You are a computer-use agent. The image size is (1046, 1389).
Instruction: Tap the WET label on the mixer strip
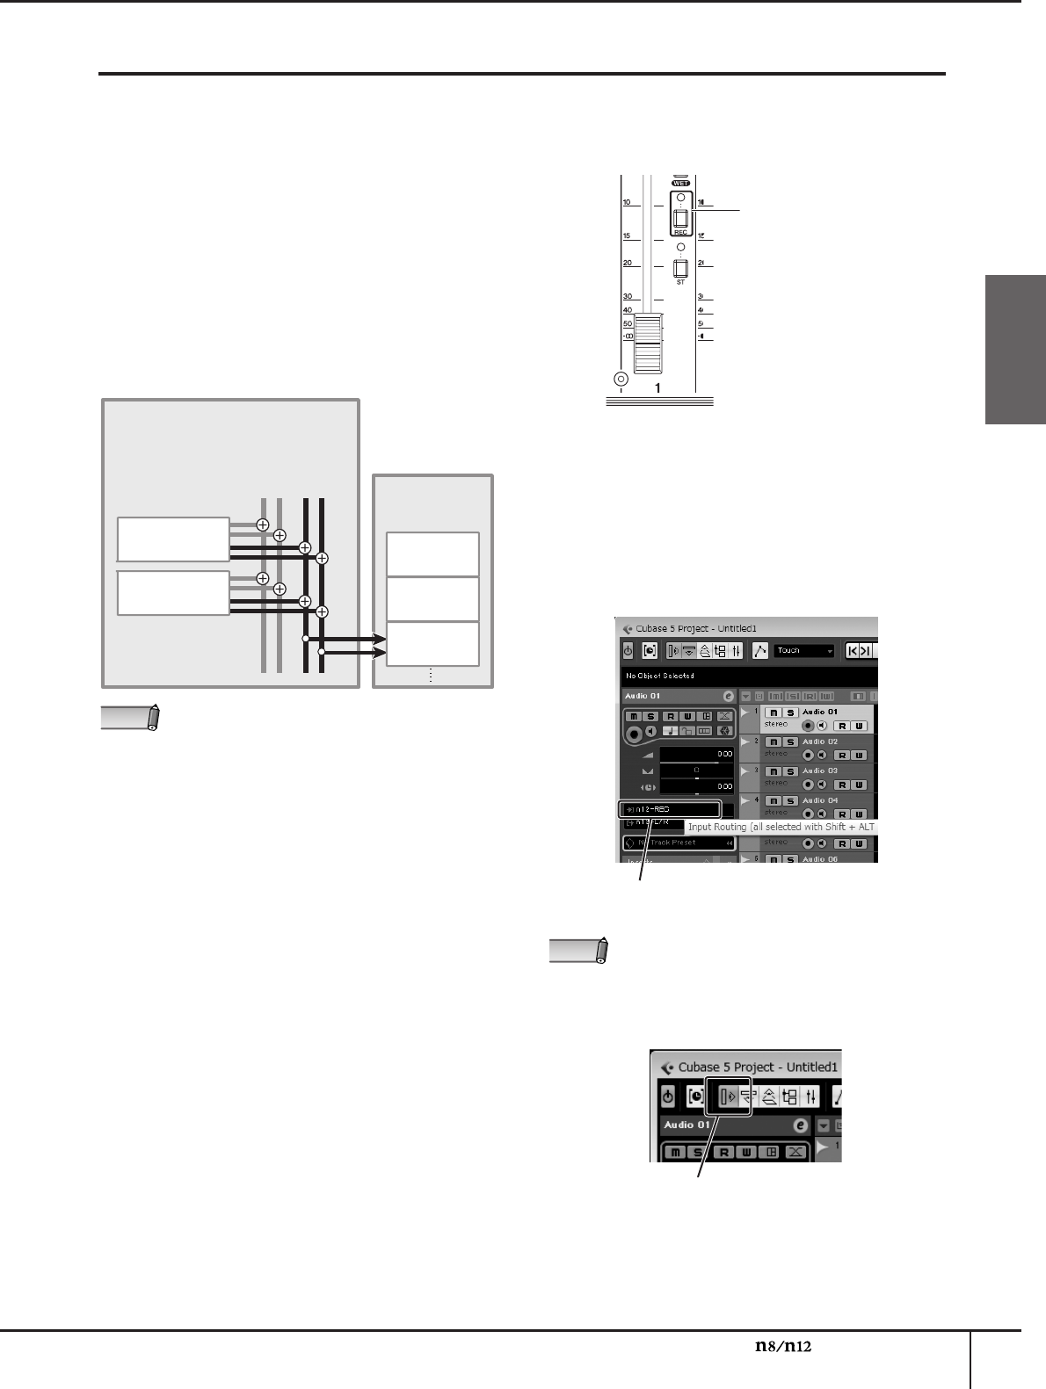(x=679, y=184)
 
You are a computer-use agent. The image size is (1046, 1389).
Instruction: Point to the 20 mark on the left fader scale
(x=628, y=263)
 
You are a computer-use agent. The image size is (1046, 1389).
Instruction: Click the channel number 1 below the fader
(x=657, y=387)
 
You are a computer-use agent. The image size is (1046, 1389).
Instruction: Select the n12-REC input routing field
(x=670, y=808)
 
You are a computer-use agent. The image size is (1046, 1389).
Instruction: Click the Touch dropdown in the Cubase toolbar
(x=803, y=651)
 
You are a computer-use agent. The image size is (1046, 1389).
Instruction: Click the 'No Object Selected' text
(x=660, y=676)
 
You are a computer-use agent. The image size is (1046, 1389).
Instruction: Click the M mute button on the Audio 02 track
(x=773, y=742)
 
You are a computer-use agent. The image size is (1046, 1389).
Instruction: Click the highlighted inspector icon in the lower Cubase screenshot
(x=729, y=1096)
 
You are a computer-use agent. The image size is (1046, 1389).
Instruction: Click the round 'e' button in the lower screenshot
(x=800, y=1125)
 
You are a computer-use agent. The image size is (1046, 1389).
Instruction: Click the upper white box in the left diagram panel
(x=173, y=539)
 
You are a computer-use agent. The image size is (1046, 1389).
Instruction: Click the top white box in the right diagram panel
(x=433, y=553)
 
